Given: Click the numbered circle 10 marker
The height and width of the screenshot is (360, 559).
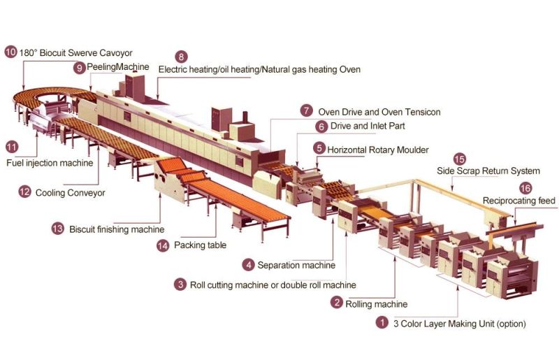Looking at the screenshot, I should [x=10, y=52].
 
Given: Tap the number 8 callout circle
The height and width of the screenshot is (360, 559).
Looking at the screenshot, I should [x=182, y=57].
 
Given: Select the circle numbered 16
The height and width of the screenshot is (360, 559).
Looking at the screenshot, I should [x=525, y=188].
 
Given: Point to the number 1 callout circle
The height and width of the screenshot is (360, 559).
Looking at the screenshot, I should [x=382, y=323].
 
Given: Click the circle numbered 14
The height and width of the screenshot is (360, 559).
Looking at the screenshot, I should [x=163, y=245].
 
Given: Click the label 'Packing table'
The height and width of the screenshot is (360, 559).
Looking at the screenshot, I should [x=203, y=245].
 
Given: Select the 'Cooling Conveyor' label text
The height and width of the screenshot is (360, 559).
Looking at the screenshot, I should [x=70, y=191].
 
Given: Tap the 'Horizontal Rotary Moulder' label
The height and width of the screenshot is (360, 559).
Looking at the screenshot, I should [x=378, y=149].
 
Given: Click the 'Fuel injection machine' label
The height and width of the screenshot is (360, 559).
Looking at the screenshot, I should [x=50, y=163].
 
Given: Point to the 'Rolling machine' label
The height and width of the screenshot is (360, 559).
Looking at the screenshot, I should [x=379, y=304].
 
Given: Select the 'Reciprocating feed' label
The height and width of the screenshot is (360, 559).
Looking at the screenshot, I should [x=519, y=201].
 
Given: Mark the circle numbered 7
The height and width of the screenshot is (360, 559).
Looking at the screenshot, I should [x=306, y=111].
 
